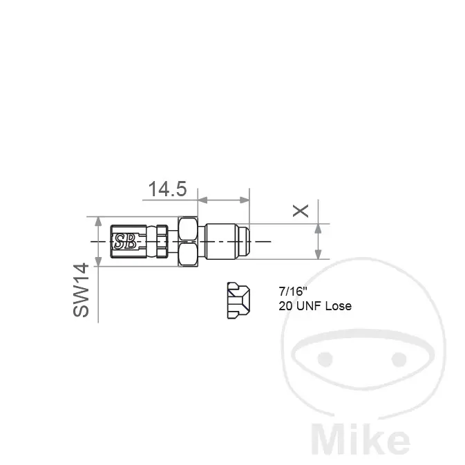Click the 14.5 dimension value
click(x=168, y=189)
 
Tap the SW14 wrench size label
click(x=81, y=290)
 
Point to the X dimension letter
click(x=301, y=211)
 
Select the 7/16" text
click(x=292, y=291)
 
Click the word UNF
click(x=309, y=306)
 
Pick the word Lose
click(x=339, y=306)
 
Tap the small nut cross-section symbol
click(x=238, y=301)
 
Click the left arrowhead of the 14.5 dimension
click(x=202, y=200)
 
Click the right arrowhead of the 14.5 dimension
click(x=245, y=200)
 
